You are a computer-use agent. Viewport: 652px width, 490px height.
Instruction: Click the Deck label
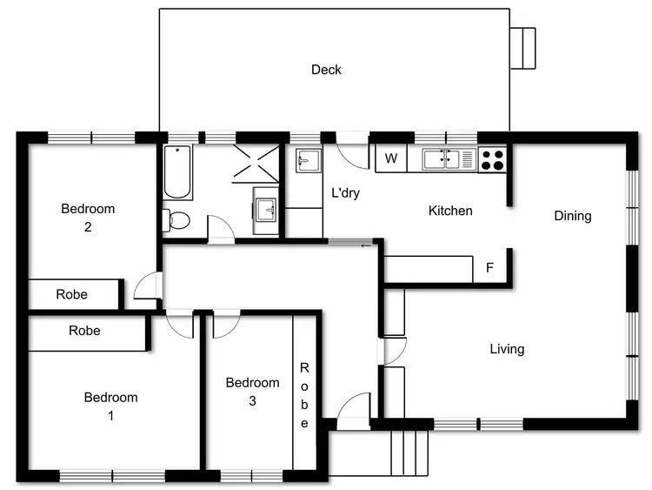tap(326, 70)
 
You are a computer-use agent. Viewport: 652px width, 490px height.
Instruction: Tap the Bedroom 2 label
tap(88, 218)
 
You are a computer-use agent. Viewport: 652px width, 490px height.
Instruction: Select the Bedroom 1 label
tap(110, 406)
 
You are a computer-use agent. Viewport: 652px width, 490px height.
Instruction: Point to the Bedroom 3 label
tap(252, 392)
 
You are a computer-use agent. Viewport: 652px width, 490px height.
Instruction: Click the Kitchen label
tap(451, 211)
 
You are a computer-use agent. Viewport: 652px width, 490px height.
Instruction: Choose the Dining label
tap(572, 216)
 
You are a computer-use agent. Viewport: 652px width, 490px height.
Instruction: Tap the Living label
tap(507, 349)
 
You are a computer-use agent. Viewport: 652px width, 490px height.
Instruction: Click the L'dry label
tap(346, 192)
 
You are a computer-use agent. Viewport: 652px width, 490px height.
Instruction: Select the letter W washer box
tap(391, 158)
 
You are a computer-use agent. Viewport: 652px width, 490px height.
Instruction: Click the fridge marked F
tap(489, 268)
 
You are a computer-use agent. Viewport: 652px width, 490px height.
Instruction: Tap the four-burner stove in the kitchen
tap(491, 159)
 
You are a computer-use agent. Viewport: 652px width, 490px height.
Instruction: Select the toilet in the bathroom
tap(177, 221)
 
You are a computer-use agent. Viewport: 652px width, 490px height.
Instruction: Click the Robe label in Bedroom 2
tap(71, 294)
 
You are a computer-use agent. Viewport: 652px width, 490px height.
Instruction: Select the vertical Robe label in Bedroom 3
tap(304, 395)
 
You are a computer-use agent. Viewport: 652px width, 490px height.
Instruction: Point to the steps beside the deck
tap(522, 48)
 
